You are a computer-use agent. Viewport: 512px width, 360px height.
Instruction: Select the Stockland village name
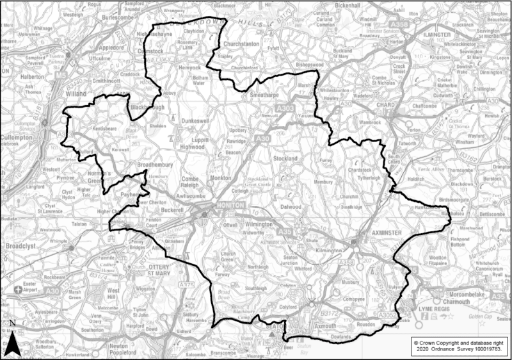pyautogui.click(x=285, y=158)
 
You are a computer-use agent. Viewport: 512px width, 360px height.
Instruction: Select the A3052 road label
pyautogui.click(x=388, y=315)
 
